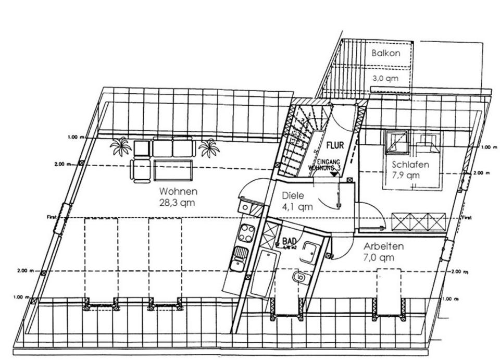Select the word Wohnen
pos(179,192)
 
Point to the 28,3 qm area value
pos(178,203)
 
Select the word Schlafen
pos(411,165)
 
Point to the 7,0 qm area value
pos(379,257)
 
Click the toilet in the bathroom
pos(298,278)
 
